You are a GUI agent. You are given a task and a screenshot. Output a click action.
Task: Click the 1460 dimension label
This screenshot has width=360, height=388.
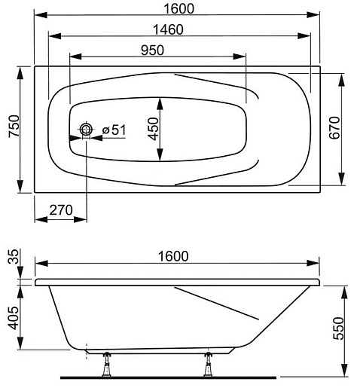tap(168, 29)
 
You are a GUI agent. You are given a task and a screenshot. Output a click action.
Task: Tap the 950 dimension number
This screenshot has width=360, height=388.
tap(152, 50)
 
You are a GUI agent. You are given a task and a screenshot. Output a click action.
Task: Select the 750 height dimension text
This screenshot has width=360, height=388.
tap(14, 126)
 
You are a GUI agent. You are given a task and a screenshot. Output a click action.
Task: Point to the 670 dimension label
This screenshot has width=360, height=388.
tap(334, 127)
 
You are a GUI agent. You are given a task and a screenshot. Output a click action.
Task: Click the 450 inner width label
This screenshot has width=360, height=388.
tap(153, 129)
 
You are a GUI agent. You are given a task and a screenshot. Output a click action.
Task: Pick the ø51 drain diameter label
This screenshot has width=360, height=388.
tap(114, 130)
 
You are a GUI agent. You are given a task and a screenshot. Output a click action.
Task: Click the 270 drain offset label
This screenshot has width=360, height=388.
tap(61, 210)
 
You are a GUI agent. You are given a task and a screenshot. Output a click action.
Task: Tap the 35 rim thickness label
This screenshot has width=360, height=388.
tap(14, 256)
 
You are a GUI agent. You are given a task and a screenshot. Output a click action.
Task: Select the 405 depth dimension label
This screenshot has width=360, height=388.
tap(14, 318)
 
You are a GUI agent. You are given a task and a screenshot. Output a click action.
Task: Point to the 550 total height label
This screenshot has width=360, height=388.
tap(338, 328)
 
